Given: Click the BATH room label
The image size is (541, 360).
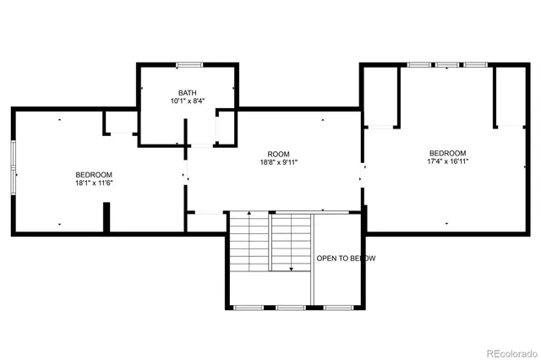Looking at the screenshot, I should coord(188,92).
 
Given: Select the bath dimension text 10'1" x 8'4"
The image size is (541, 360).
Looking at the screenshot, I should coord(188,101).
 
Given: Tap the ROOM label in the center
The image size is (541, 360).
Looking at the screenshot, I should coord(279,153).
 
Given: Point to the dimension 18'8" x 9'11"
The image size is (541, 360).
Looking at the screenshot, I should coord(279,162).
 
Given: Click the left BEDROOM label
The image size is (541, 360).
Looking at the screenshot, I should coord(94,174).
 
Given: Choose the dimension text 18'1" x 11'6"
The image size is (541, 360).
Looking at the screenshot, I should coord(94,183).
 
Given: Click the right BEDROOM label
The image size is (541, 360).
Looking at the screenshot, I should coord(447,153).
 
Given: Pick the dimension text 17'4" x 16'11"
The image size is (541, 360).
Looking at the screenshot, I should coord(447,162).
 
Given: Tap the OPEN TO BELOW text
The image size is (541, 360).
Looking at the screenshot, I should coord(346,259).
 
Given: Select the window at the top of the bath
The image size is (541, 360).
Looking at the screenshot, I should coord(188,63).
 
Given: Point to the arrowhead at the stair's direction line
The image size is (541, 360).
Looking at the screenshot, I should coord(292,268).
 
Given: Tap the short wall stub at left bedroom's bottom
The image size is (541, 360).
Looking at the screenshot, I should coord(107,216).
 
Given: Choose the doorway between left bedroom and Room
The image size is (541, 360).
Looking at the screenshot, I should coord(186,177).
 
